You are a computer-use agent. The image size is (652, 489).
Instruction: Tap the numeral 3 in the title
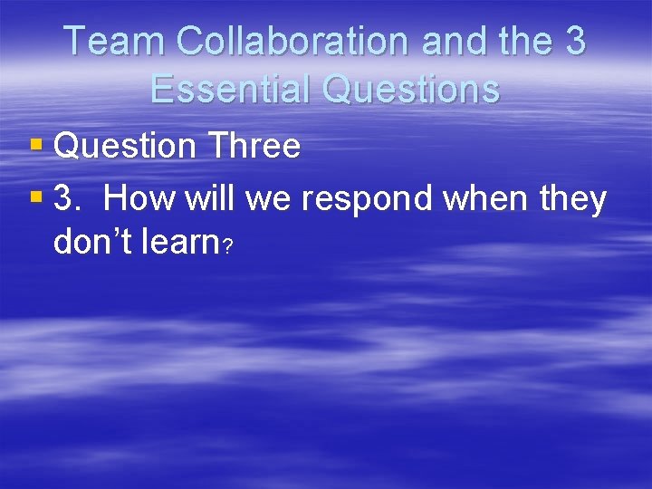tap(573, 41)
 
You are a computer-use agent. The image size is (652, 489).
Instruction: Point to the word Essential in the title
tap(227, 89)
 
